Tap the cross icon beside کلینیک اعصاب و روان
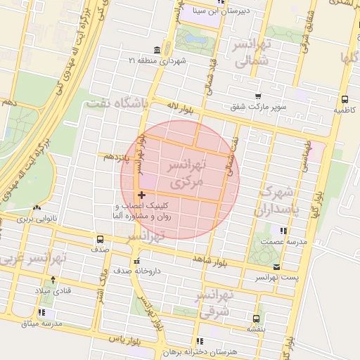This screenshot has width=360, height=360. pos(141,195)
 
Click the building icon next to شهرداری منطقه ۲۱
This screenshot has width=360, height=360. pos(155,51)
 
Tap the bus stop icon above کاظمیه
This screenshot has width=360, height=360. pos(345,100)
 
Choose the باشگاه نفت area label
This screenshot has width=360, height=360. pos(117,104)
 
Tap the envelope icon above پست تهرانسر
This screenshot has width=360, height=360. pos(276,267)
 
